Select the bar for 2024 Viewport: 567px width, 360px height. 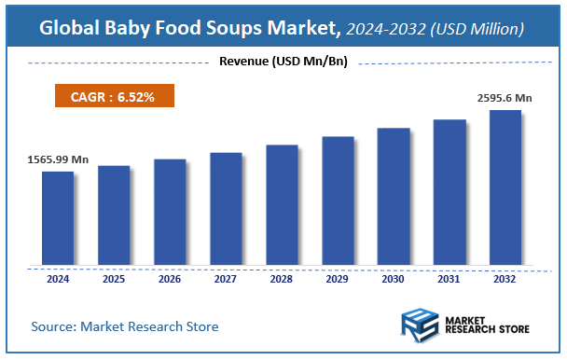(58, 217)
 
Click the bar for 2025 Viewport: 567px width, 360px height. (114, 215)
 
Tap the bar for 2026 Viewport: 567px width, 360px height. (170, 212)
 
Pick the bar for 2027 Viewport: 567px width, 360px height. (226, 208)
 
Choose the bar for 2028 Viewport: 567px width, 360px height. (282, 204)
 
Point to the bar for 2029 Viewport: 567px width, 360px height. (338, 201)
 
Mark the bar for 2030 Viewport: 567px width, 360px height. (394, 196)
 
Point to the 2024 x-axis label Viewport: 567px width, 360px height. (58, 278)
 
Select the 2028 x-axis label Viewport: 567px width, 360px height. (282, 278)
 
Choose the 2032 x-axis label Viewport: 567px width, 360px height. (505, 278)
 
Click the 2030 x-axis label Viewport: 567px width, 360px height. (394, 278)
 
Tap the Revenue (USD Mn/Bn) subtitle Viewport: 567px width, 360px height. (283, 62)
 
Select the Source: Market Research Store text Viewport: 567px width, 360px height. (124, 326)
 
